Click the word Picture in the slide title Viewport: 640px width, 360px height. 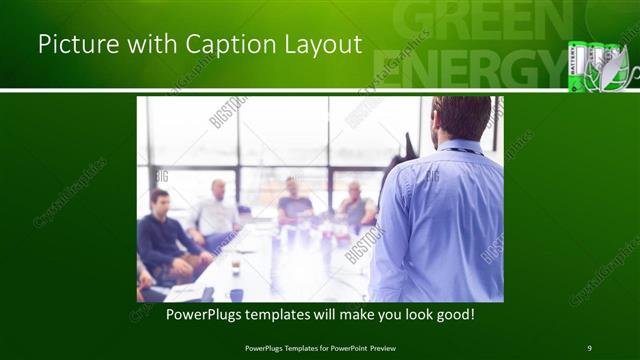[72, 44]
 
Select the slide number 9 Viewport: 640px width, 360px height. [589, 347]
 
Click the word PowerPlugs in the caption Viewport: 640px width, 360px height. [199, 314]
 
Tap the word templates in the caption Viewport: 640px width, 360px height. [281, 314]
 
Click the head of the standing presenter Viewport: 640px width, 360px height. [461, 117]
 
